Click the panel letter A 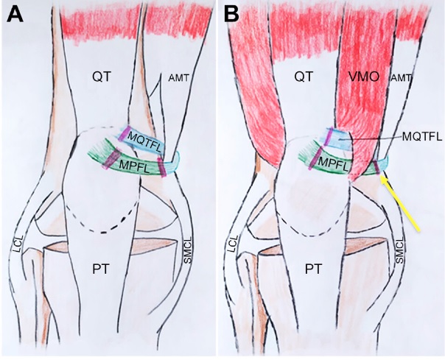click(x=15, y=14)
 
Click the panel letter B click(x=231, y=14)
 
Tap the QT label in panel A click(x=102, y=77)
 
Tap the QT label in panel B click(x=304, y=77)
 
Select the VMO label click(x=363, y=77)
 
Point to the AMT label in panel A click(x=178, y=78)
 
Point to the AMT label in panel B click(x=401, y=77)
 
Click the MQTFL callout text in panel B click(x=421, y=138)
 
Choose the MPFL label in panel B click(x=334, y=163)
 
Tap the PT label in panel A click(x=101, y=269)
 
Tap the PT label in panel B click(x=313, y=269)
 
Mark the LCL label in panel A click(x=18, y=243)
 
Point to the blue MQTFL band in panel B click(x=336, y=140)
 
